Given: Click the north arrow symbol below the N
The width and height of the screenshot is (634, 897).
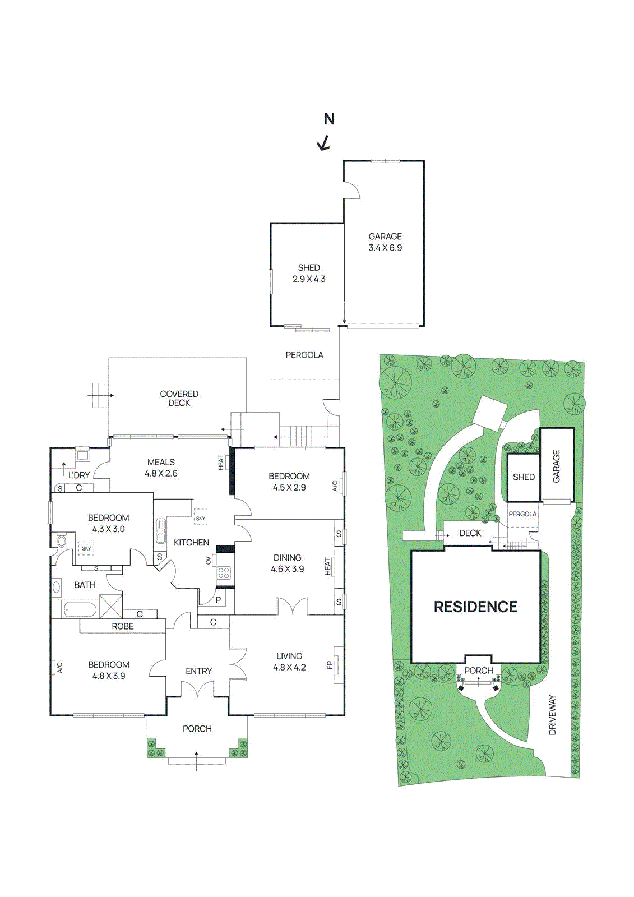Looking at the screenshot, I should [x=324, y=144].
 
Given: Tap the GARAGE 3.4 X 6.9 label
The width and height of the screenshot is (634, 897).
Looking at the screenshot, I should [x=385, y=242].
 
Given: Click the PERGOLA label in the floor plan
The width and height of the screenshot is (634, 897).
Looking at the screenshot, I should [x=304, y=355].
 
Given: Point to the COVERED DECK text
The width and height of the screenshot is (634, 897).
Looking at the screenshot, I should [x=179, y=399].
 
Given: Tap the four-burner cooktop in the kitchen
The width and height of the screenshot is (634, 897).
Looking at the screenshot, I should [x=224, y=572].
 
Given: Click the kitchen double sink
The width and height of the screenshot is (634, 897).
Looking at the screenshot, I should [x=161, y=531].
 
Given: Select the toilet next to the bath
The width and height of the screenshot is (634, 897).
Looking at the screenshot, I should [x=61, y=541].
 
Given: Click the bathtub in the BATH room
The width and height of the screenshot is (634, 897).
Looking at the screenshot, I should [x=81, y=609].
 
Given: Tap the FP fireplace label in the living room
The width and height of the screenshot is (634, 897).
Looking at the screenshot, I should [x=330, y=665].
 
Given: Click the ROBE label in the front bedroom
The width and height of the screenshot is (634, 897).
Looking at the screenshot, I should [x=123, y=626].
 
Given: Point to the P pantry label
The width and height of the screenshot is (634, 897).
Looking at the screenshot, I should [x=218, y=600].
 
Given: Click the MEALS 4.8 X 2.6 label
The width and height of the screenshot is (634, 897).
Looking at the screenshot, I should [x=161, y=468].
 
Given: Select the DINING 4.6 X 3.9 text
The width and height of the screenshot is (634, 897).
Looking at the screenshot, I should [x=288, y=563].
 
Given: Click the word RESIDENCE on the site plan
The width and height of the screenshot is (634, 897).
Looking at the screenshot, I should [x=475, y=607].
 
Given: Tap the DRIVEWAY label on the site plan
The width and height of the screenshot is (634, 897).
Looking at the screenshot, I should [x=552, y=715].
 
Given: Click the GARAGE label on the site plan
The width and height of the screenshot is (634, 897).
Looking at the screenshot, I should [x=557, y=466].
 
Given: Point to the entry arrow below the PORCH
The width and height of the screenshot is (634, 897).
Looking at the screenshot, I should [x=196, y=761].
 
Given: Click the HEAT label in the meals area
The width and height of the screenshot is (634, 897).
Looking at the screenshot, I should [x=221, y=463].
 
